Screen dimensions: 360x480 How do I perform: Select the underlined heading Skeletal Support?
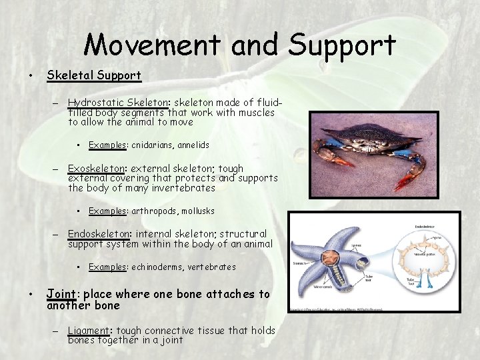tap(93, 75)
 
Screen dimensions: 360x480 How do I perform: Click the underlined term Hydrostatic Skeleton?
tap(118, 103)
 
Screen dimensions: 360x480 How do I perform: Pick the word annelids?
tap(193, 145)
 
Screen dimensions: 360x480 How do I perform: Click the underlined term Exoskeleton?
tap(98, 169)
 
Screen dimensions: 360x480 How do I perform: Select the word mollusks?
tap(197, 211)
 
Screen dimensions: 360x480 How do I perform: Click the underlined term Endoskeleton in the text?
tap(99, 234)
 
